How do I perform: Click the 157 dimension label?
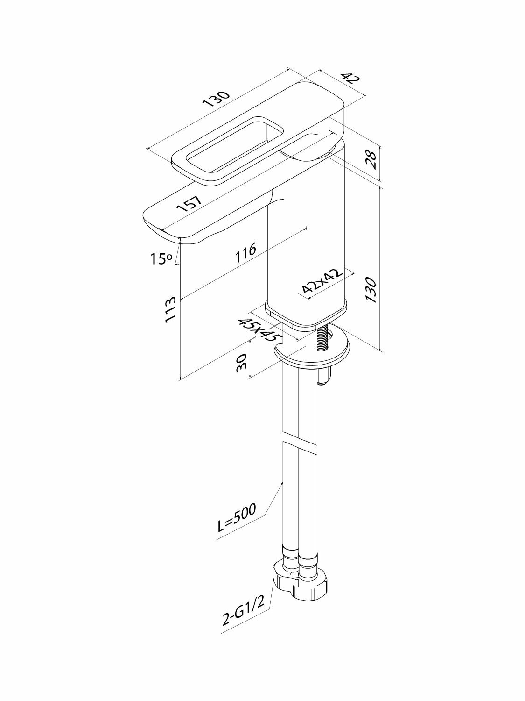click(x=189, y=205)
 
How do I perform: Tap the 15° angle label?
click(x=161, y=258)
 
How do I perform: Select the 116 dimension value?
click(x=246, y=251)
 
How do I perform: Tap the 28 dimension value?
click(x=372, y=159)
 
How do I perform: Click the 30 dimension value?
click(x=241, y=362)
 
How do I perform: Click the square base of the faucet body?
click(x=306, y=314)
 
